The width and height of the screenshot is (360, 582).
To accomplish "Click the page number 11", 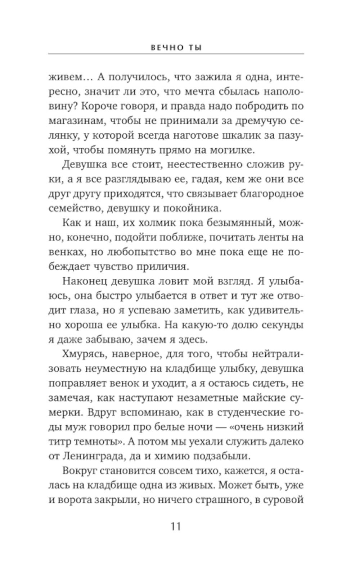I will tap(176, 526).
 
